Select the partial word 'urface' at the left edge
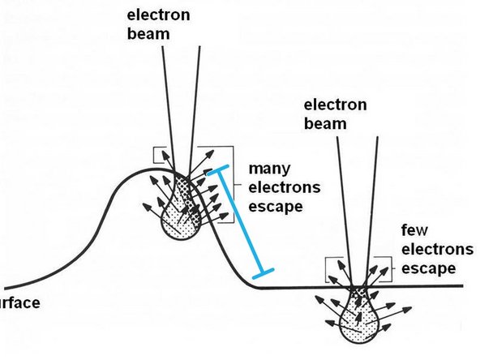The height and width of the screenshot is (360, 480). pos(19,304)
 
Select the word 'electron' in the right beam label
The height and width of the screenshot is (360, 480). pos(333,105)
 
